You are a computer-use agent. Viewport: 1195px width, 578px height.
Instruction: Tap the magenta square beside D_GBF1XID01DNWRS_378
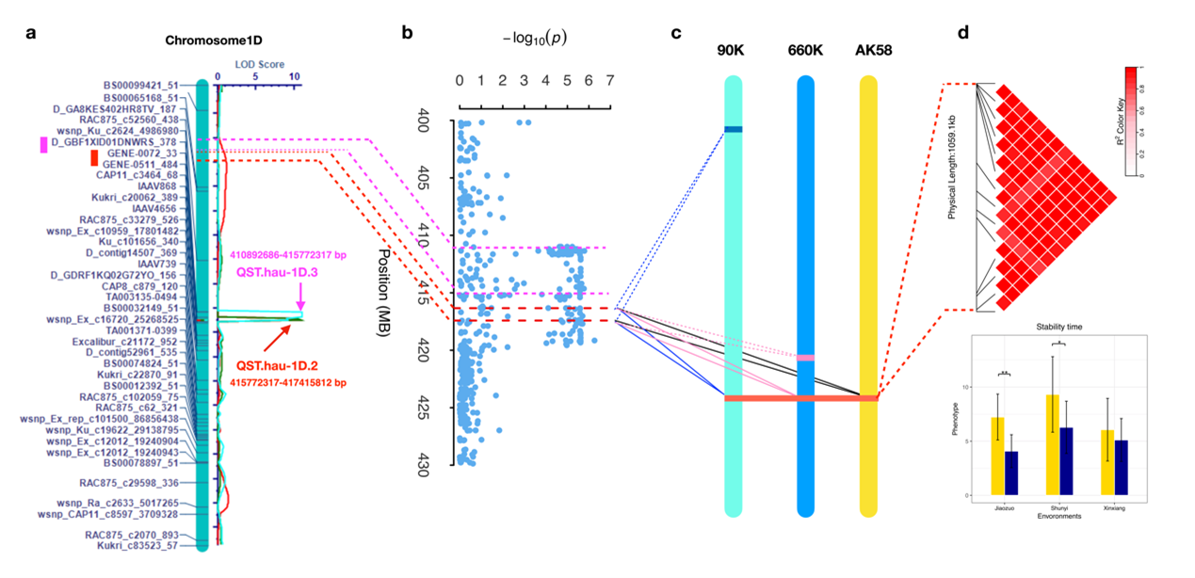coord(43,144)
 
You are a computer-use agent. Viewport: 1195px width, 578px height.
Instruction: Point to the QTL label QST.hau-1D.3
coord(281,273)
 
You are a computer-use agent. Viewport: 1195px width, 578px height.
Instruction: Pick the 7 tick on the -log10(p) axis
coord(610,80)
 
